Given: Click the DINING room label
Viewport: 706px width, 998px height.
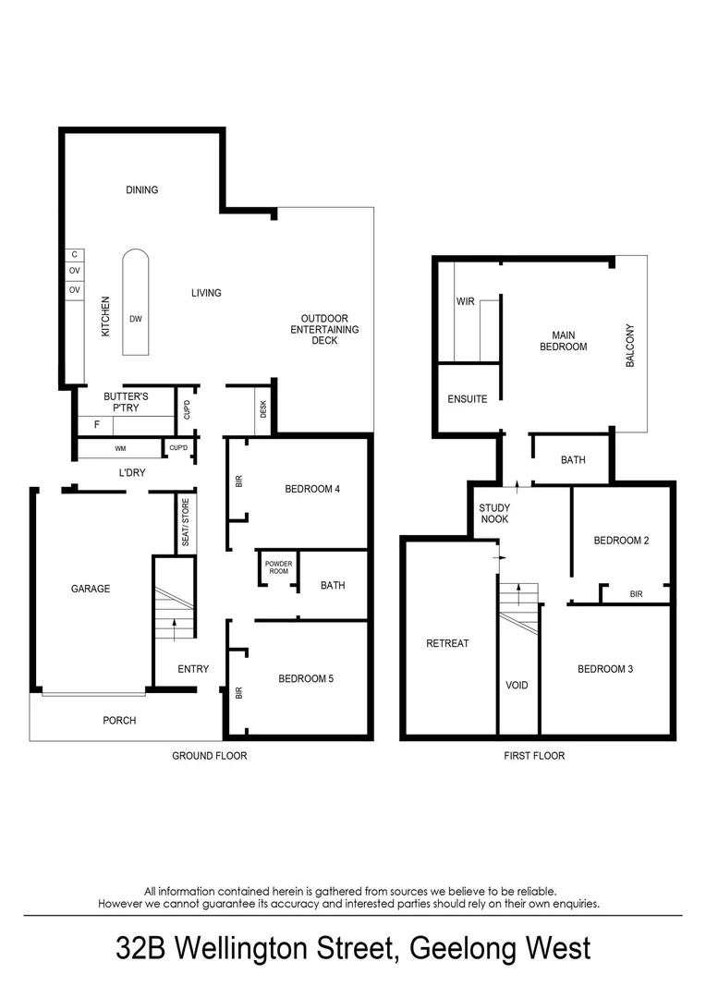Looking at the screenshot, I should tap(142, 190).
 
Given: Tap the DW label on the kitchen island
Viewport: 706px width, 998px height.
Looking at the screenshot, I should tap(135, 320).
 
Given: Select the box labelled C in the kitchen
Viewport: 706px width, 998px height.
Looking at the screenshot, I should tap(74, 256).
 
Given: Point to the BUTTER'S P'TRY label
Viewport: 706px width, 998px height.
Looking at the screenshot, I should tap(126, 402).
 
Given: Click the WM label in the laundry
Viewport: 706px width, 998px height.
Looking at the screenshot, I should tap(120, 449).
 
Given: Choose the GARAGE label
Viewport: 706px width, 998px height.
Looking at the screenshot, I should tap(91, 589).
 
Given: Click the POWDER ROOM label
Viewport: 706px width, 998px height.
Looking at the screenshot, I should tap(278, 567).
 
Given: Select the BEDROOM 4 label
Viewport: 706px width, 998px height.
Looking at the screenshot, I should tap(313, 490).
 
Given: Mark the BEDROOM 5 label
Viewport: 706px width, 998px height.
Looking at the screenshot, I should tap(306, 678).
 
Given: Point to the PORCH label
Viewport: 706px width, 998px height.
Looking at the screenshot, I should tap(119, 720).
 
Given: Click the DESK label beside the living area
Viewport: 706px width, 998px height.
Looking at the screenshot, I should tap(263, 408).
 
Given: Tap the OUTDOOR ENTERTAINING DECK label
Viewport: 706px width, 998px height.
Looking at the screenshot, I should tap(324, 330).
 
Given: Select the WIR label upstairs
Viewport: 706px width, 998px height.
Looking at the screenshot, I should tap(465, 302).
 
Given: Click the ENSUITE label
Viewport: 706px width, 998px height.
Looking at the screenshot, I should tap(467, 399).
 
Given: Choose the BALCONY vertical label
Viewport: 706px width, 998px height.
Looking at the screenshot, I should tap(630, 346).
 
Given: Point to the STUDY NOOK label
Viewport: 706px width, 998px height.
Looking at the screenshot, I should tap(495, 514).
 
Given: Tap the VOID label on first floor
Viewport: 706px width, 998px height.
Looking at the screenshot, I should tap(517, 686).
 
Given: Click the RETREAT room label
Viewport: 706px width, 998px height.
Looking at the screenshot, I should tap(447, 643).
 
